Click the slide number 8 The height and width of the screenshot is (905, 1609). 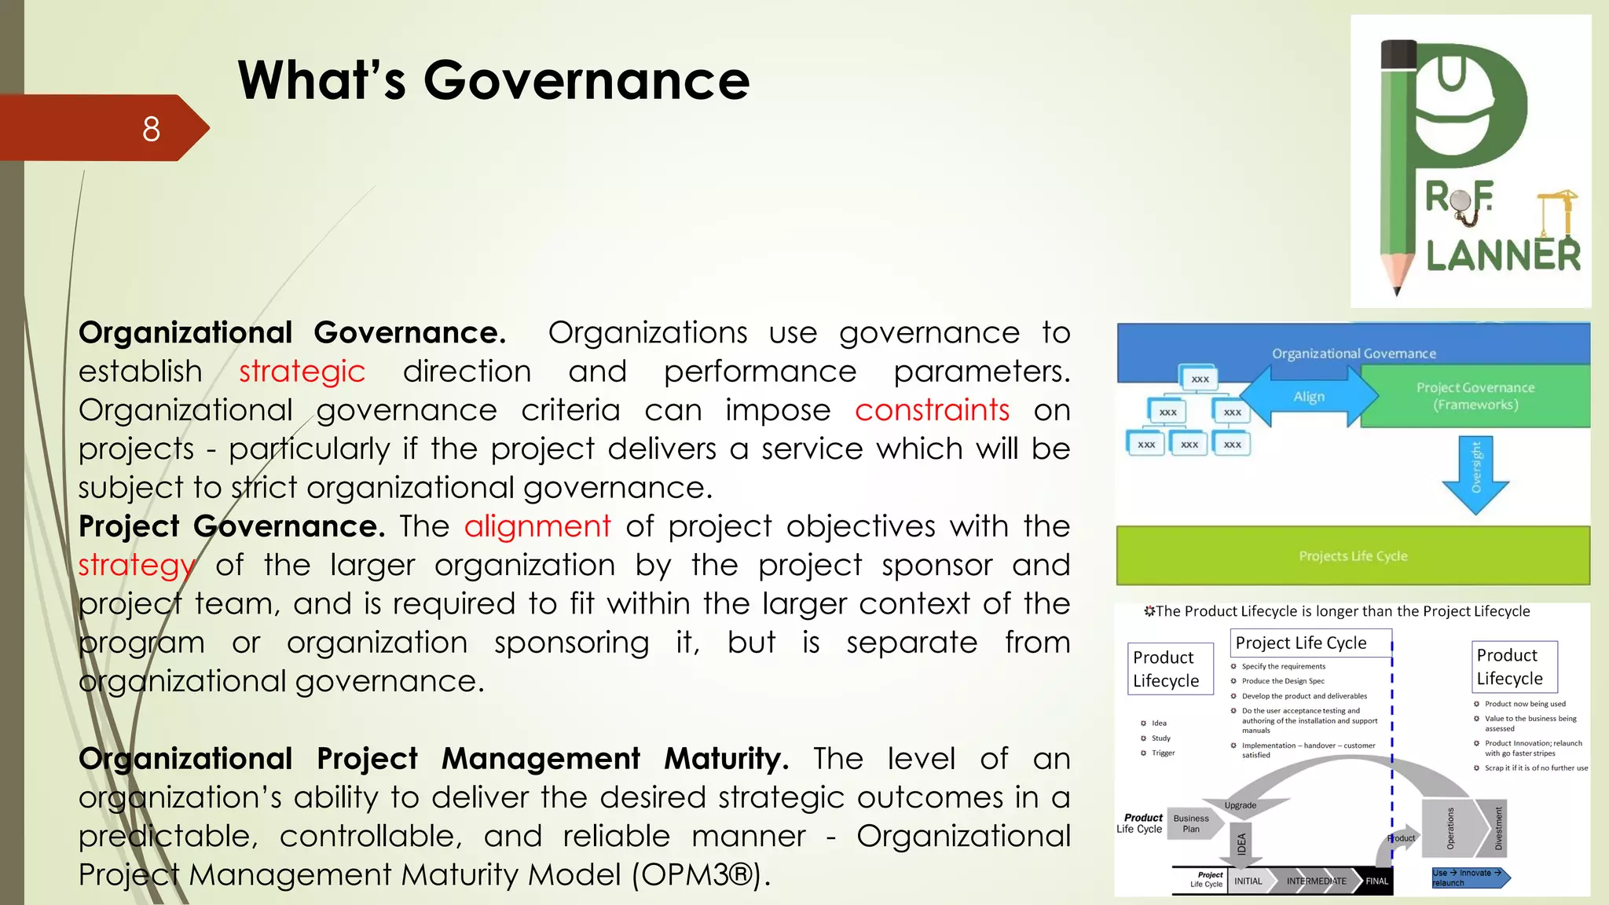[151, 129]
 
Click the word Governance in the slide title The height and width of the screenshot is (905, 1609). [586, 81]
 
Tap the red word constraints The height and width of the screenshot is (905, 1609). [932, 410]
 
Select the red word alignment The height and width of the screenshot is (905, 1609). [537, 526]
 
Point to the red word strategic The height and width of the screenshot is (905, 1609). [302, 372]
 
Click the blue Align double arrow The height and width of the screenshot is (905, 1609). [1309, 397]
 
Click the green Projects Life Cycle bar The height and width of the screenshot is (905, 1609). [1353, 556]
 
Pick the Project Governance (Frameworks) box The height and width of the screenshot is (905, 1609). [1475, 396]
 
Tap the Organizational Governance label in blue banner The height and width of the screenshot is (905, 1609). [1354, 354]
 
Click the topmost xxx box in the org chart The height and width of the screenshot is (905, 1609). [1200, 379]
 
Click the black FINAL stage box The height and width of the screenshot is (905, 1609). [1376, 881]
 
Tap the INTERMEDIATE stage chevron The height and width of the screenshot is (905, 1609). [1316, 881]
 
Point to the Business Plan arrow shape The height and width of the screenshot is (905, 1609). [1193, 823]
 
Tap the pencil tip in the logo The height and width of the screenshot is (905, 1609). [1397, 288]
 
